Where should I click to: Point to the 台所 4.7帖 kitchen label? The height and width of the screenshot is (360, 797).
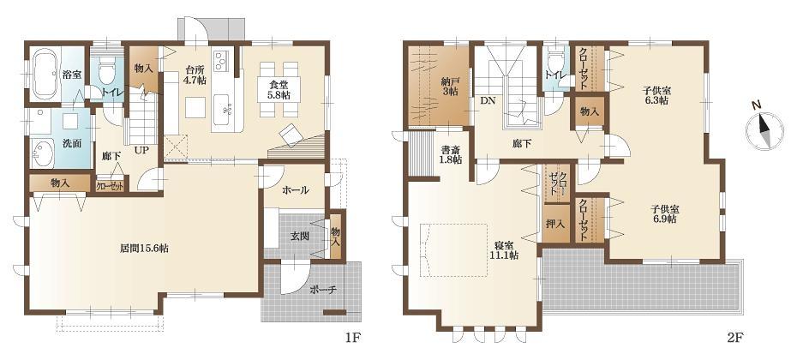(195, 75)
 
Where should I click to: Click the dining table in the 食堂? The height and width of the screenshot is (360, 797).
(279, 83)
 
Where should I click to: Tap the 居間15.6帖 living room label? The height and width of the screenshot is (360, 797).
(143, 249)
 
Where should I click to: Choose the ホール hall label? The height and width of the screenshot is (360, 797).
(294, 190)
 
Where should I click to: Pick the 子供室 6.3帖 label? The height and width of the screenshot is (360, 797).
(657, 94)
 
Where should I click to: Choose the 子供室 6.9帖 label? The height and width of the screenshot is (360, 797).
(663, 213)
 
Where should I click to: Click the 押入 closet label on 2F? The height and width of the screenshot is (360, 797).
(555, 224)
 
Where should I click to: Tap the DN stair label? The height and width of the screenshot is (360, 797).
(487, 101)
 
